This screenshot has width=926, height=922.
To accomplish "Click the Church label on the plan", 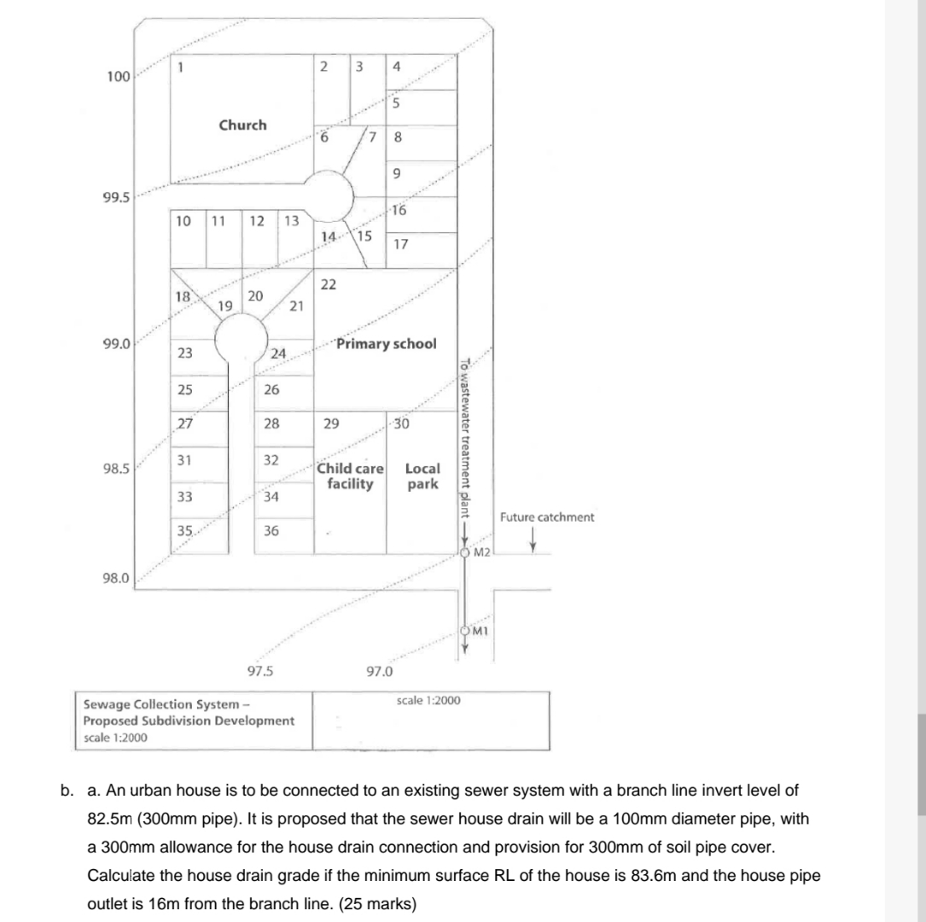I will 242,125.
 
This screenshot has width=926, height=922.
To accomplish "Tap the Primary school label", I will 386,344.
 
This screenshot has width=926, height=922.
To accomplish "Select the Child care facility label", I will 351,476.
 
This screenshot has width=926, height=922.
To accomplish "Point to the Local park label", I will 422,476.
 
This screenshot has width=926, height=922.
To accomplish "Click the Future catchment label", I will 546,517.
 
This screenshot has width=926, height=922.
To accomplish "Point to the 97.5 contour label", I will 259,670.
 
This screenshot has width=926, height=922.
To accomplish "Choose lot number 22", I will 329,283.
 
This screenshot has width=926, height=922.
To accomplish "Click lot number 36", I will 271,530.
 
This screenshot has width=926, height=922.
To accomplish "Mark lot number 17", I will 400,244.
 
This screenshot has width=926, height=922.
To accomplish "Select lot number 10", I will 182,221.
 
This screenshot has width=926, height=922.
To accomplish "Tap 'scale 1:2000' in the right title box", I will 428,700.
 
